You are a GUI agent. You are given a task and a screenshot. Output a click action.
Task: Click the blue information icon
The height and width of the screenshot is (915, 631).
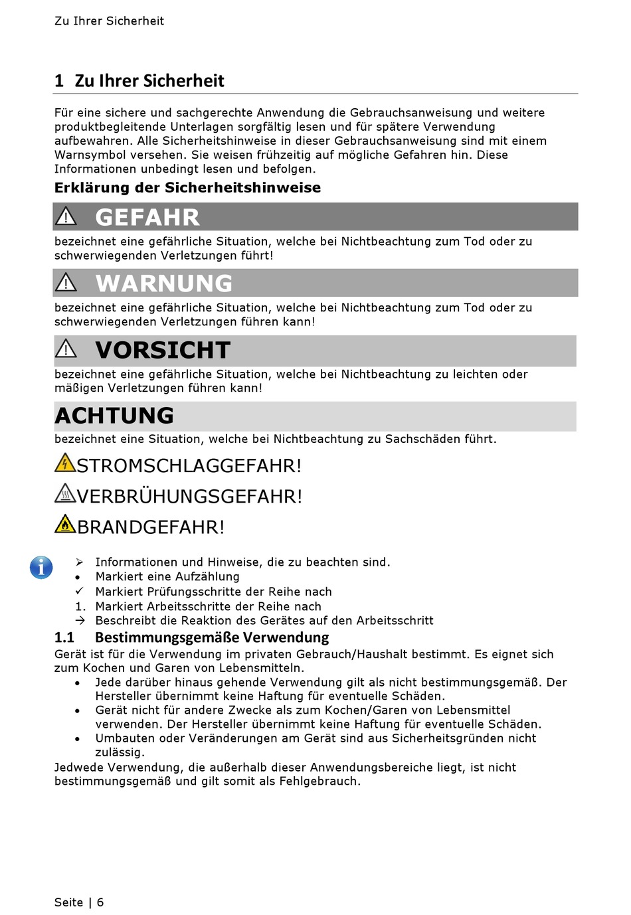41,567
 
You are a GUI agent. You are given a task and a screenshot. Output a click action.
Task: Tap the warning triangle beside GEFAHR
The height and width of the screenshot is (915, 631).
66,216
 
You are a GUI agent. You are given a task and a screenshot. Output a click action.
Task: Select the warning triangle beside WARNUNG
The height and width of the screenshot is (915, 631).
66,283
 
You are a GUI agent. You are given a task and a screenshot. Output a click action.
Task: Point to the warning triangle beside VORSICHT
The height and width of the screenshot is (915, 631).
66,349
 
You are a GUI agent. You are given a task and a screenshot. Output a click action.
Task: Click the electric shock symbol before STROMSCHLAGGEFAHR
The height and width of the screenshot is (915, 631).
65,463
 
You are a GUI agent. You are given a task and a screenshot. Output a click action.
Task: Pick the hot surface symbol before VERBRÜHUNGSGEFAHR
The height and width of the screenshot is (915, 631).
65,493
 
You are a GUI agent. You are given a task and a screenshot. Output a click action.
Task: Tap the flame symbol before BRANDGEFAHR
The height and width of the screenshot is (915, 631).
65,524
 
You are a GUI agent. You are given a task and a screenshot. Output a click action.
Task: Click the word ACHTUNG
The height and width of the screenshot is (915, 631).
114,416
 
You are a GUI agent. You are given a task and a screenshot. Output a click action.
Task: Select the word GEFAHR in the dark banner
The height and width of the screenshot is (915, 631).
147,217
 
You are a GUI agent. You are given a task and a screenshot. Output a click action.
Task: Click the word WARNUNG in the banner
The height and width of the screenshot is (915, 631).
164,284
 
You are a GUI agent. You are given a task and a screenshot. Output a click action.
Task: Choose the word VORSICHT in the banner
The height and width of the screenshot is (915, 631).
163,350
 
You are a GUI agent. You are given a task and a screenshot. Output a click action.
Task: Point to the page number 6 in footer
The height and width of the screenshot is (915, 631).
100,902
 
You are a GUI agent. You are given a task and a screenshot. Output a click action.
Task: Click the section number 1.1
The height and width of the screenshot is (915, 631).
64,637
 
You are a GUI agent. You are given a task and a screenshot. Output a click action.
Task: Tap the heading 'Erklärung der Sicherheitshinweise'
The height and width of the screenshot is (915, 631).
187,188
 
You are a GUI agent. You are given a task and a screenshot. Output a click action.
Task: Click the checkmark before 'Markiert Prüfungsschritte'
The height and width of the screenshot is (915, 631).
79,591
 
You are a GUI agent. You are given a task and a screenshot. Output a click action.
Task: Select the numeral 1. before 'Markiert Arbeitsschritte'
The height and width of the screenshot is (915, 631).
80,606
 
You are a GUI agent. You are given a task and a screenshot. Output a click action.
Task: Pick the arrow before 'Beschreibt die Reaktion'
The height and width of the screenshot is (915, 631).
80,620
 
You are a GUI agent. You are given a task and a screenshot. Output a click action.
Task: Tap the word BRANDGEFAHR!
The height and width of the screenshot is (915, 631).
151,527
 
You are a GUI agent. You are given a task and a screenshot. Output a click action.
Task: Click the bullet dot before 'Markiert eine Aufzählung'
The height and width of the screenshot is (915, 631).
78,578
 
